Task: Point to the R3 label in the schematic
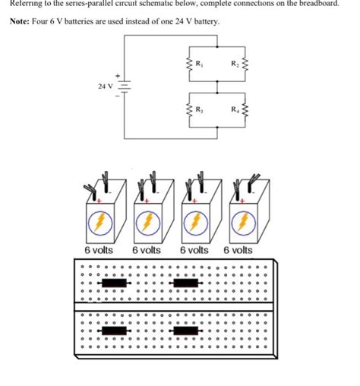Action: coord(199,112)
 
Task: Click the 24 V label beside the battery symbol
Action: coord(105,87)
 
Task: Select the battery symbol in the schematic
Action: coord(124,87)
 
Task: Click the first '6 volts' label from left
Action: coord(99,250)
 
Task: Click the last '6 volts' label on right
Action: coord(238,250)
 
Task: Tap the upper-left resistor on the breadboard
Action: coord(115,283)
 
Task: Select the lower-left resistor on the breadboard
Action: coord(115,331)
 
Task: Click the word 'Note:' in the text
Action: coord(22,21)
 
